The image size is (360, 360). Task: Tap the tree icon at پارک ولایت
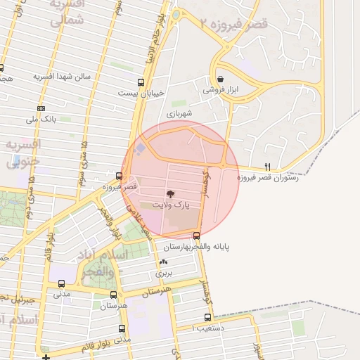[x=169, y=193]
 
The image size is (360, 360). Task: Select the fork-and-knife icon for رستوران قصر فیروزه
[x=267, y=167]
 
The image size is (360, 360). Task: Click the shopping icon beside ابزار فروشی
[x=221, y=79]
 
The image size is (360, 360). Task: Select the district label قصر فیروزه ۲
[x=233, y=25]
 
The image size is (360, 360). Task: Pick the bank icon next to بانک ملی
[x=41, y=108]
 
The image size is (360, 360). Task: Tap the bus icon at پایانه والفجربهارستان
[x=196, y=236]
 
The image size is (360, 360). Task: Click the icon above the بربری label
[x=163, y=262]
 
